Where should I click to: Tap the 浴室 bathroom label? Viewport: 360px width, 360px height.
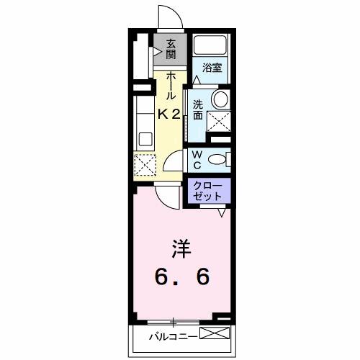coord(211,68)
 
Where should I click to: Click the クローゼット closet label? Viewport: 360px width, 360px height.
coord(210,191)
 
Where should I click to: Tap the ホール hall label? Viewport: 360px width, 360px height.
coord(171,86)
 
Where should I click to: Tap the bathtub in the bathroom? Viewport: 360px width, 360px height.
coord(211,48)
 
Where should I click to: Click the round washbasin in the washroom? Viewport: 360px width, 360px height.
coord(220,99)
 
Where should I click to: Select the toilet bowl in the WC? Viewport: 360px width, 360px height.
coord(223,158)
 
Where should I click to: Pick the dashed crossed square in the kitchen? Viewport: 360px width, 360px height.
coord(146,165)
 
